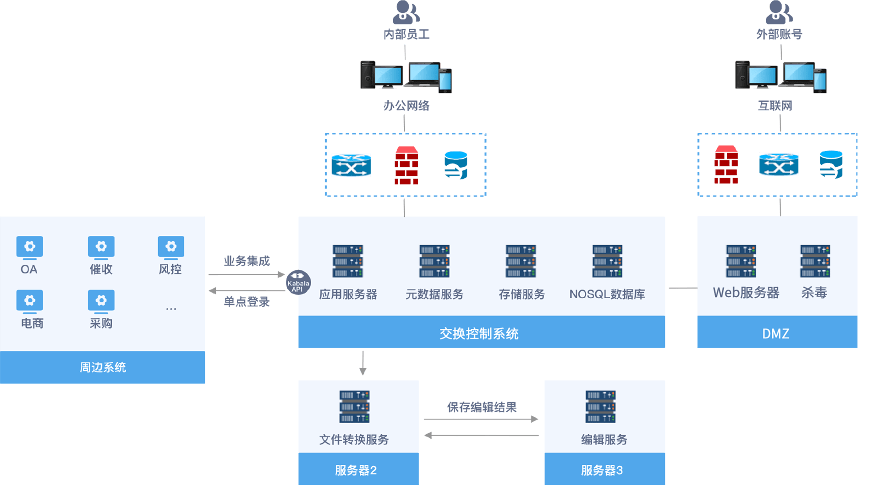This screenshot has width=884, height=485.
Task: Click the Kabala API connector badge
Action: click(298, 282)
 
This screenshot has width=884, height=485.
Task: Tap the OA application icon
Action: click(29, 247)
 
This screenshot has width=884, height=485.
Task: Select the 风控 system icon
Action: click(171, 247)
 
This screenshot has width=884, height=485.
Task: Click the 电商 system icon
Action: click(29, 301)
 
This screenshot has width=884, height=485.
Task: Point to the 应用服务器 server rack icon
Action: click(348, 261)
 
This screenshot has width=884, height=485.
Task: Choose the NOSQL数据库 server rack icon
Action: click(607, 261)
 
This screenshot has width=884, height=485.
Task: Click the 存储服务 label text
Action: click(522, 294)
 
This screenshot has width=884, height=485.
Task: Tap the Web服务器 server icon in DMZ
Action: click(741, 261)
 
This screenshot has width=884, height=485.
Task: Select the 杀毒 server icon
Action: click(815, 261)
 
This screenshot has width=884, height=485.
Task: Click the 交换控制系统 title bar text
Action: click(479, 333)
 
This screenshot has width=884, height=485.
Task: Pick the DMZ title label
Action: click(776, 333)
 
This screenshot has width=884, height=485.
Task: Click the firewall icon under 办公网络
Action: click(406, 165)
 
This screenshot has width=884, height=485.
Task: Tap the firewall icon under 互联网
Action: click(726, 165)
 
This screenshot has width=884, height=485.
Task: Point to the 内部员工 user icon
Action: click(406, 13)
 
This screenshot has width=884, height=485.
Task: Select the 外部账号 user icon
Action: click(779, 13)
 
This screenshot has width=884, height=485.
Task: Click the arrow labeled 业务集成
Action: click(247, 274)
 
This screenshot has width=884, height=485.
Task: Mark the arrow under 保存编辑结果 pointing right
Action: click(481, 419)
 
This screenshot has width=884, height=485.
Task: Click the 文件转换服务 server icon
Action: click(354, 407)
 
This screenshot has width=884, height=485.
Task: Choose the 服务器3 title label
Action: click(602, 470)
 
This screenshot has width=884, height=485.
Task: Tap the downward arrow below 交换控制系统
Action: click(362, 363)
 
